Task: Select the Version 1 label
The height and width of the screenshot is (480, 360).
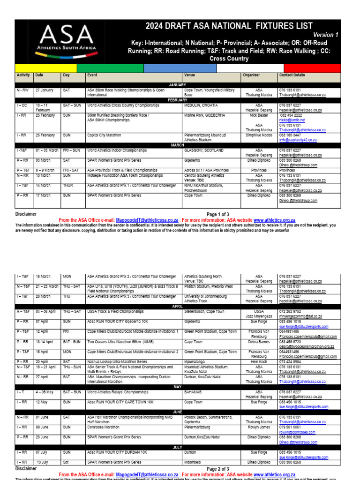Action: [326, 35]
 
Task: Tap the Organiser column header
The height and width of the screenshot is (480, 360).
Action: [251, 75]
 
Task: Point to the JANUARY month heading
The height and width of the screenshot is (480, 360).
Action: [177, 85]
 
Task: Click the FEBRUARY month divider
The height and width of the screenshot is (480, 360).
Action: [177, 100]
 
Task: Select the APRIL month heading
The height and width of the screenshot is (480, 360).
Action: [177, 306]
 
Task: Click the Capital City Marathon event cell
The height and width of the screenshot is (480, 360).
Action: [104, 135]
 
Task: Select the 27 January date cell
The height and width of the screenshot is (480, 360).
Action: [44, 90]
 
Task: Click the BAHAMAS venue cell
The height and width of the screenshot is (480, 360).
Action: [193, 391]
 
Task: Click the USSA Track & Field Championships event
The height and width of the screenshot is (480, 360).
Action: [116, 311]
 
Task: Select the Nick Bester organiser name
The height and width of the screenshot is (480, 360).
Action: [259, 115]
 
